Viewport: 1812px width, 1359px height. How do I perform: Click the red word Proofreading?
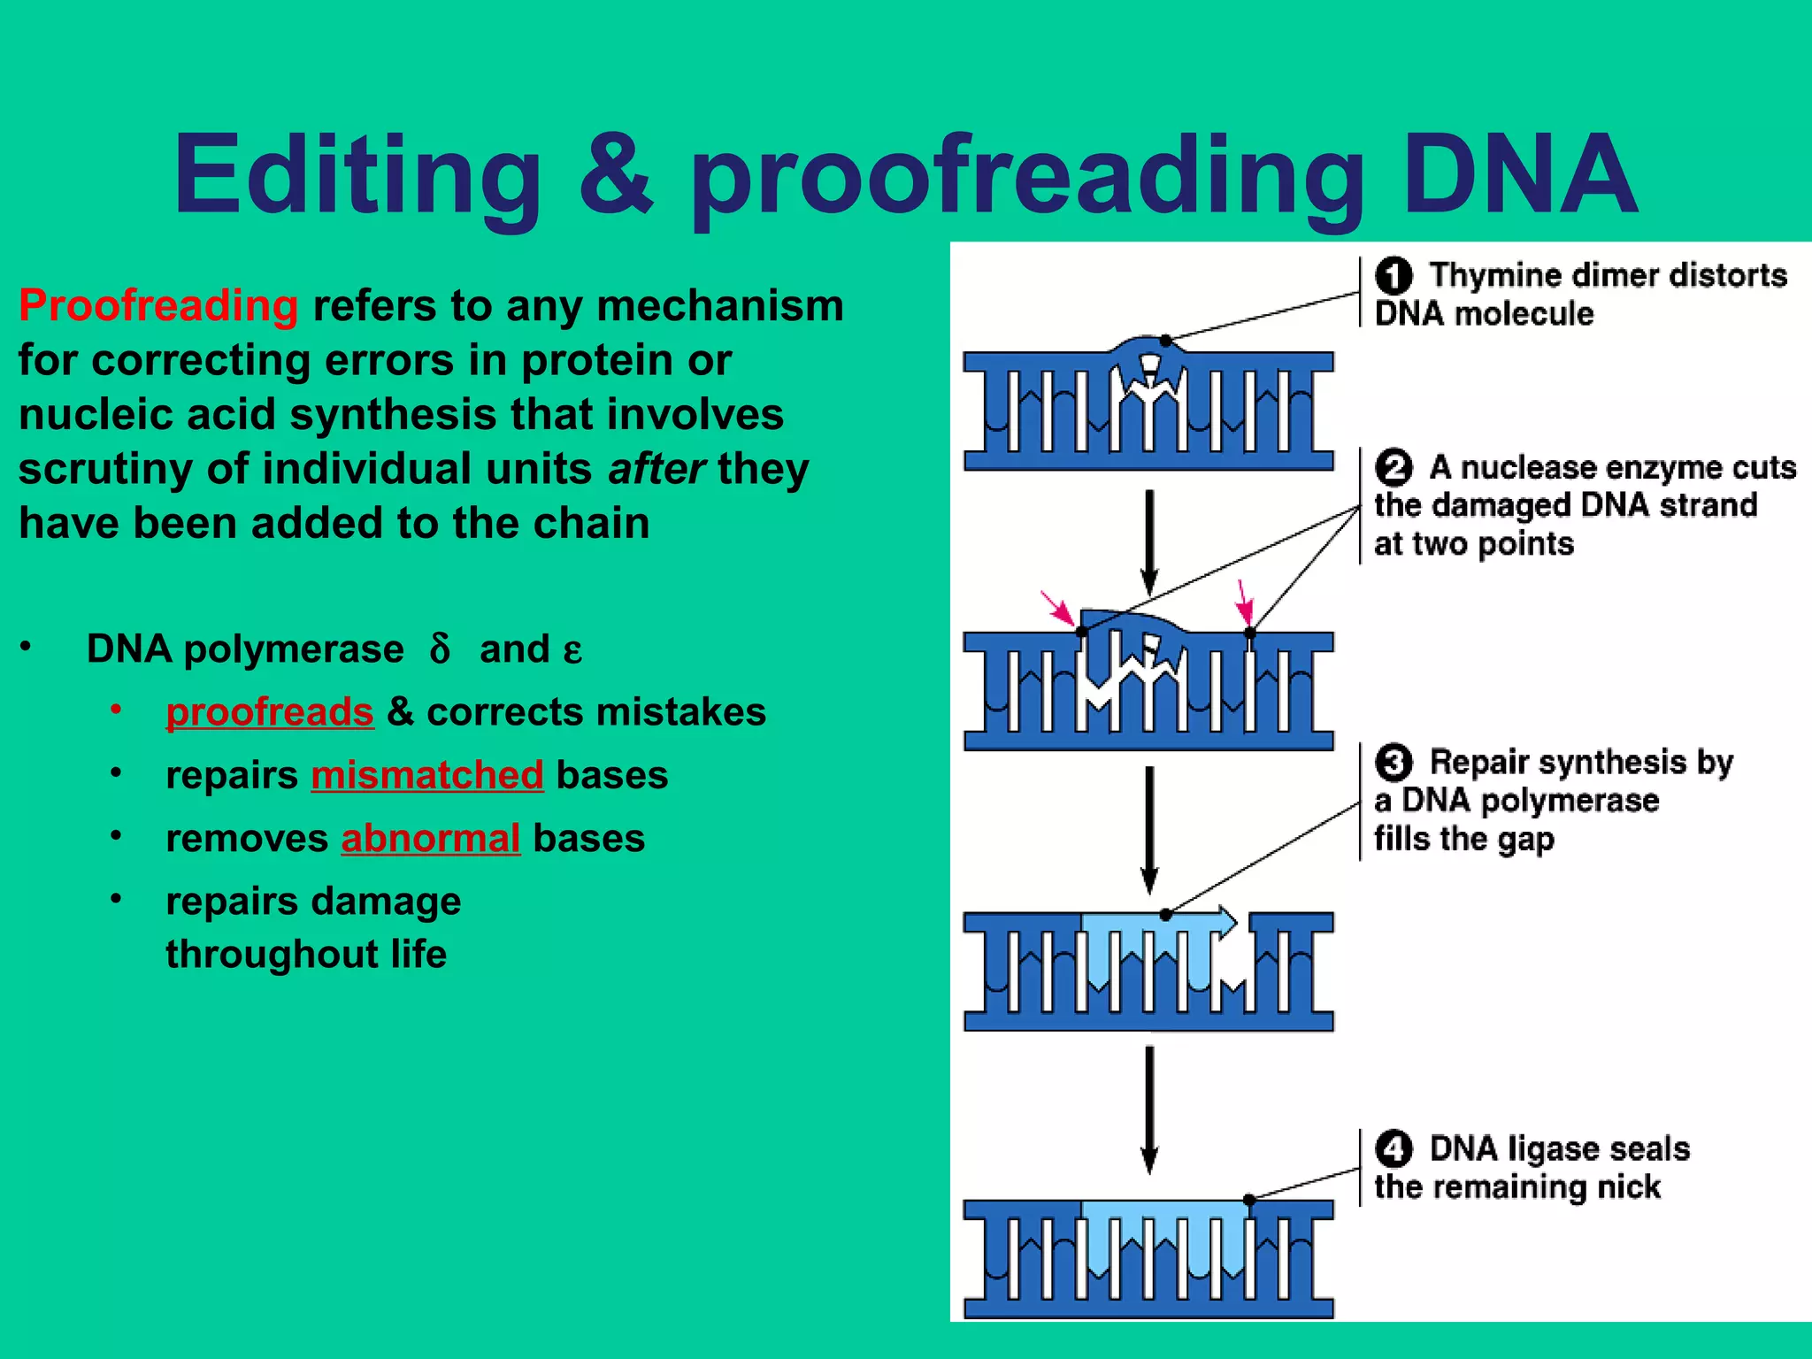tap(158, 306)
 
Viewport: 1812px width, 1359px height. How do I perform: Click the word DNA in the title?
tap(1519, 174)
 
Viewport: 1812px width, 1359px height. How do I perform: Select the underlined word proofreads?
tap(270, 712)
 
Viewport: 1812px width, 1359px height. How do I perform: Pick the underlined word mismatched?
tap(427, 776)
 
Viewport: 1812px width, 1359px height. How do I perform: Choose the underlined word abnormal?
tap(431, 839)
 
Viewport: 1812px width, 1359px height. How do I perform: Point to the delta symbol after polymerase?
tap(440, 649)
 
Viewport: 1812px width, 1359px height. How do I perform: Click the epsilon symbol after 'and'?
tap(572, 652)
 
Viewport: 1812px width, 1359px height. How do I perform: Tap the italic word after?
tap(656, 469)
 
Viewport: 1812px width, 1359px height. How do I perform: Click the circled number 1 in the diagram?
tap(1394, 276)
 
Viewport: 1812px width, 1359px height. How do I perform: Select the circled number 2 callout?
tap(1394, 468)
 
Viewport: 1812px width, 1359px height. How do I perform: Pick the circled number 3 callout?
tap(1394, 763)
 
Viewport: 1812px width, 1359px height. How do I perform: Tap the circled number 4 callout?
tap(1394, 1149)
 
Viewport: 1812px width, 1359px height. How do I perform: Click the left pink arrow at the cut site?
tap(1057, 609)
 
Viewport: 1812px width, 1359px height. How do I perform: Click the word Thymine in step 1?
tap(1487, 276)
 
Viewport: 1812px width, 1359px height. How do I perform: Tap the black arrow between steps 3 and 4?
tap(1149, 1109)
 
